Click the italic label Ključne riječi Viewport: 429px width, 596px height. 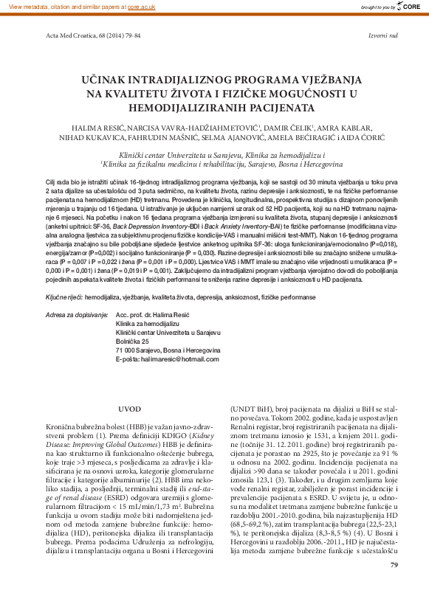coord(64,296)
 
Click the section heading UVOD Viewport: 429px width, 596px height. coord(129,409)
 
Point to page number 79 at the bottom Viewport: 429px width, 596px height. coord(394,585)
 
